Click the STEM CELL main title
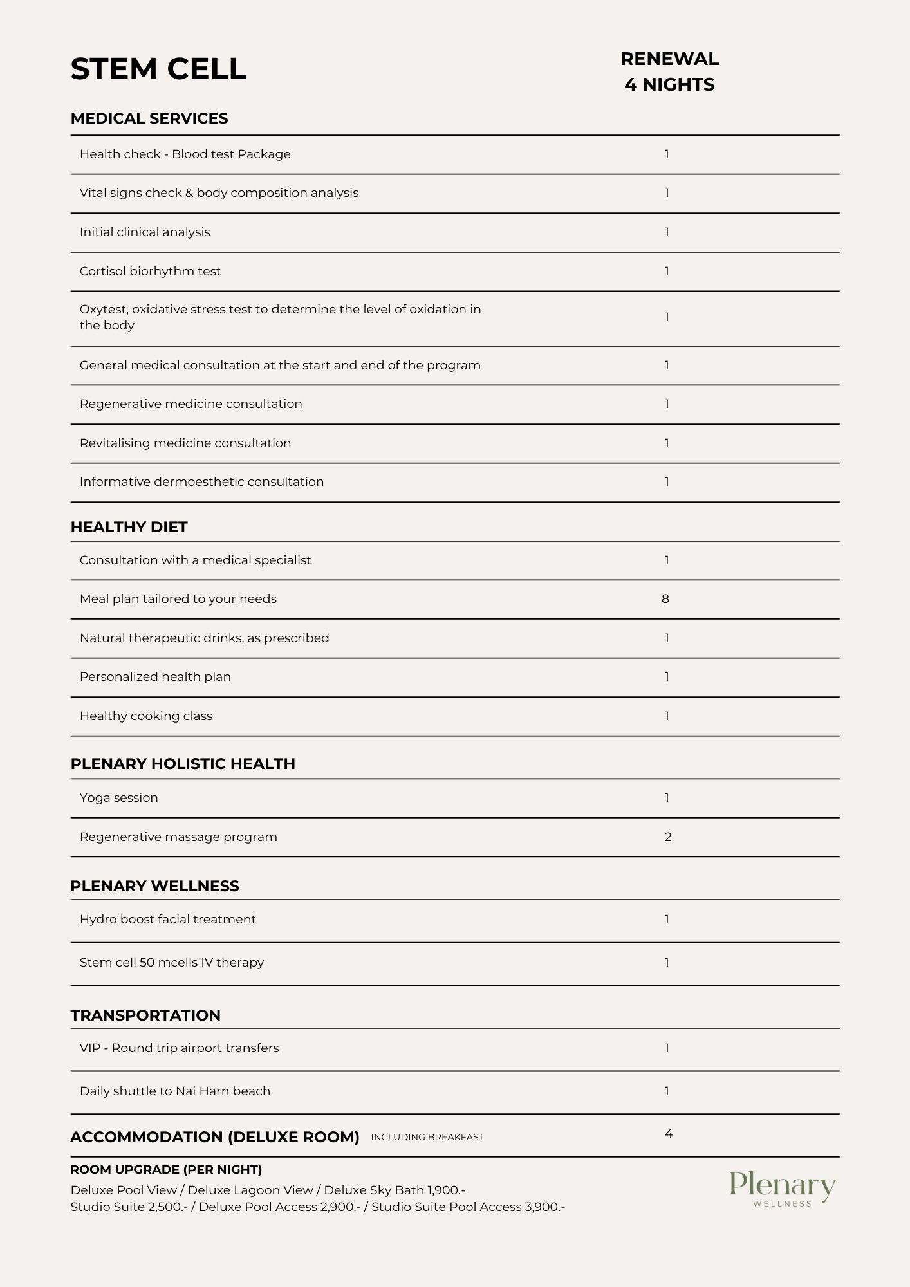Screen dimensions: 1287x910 pyautogui.click(x=158, y=69)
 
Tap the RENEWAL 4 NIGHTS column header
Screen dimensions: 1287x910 pyautogui.click(x=669, y=71)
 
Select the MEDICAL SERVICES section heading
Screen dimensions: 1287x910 pyautogui.click(x=149, y=118)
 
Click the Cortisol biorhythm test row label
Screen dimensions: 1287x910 pyautogui.click(x=150, y=272)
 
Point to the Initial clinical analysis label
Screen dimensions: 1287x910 pyautogui.click(x=145, y=232)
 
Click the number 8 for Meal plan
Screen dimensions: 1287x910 pyautogui.click(x=665, y=599)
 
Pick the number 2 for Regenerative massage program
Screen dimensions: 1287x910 pyautogui.click(x=668, y=837)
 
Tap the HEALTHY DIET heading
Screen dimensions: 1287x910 pyautogui.click(x=129, y=527)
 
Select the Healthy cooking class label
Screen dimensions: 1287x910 pyautogui.click(x=146, y=716)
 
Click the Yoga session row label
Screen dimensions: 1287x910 pyautogui.click(x=119, y=798)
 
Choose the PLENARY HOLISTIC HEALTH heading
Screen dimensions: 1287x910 pyautogui.click(x=183, y=764)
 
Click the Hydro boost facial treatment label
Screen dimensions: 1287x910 pyautogui.click(x=168, y=920)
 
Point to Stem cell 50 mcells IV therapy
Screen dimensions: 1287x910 pyautogui.click(x=172, y=963)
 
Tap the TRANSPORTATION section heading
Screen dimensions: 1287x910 pyautogui.click(x=145, y=1015)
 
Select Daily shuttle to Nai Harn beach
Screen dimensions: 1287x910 pyautogui.click(x=175, y=1091)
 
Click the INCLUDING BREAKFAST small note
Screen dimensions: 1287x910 pyautogui.click(x=427, y=1138)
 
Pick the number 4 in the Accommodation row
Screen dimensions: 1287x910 pyautogui.click(x=669, y=1134)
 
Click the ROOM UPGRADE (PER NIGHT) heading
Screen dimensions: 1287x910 pyautogui.click(x=166, y=1170)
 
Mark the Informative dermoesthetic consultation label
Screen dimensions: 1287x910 pyautogui.click(x=201, y=482)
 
